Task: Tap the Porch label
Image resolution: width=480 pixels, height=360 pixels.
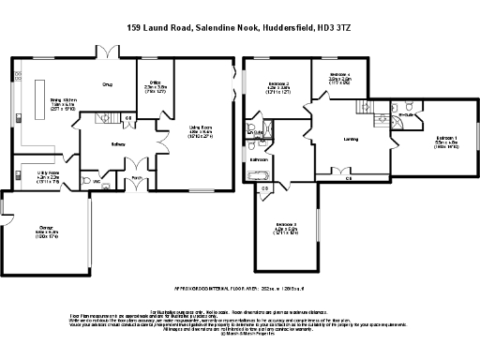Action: click(x=136, y=176)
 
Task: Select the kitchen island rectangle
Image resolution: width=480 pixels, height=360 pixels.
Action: click(x=39, y=96)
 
